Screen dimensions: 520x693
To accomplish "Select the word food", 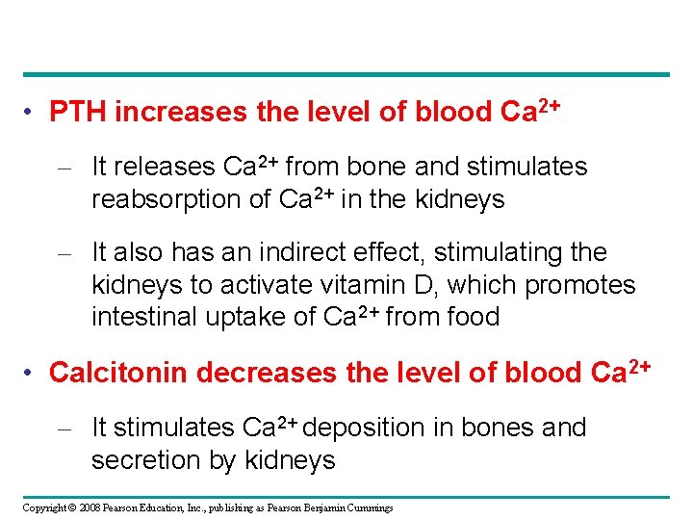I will coord(474,317).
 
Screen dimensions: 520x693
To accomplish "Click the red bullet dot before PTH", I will coord(33,114).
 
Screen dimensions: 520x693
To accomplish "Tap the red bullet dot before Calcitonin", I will coord(33,373).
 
